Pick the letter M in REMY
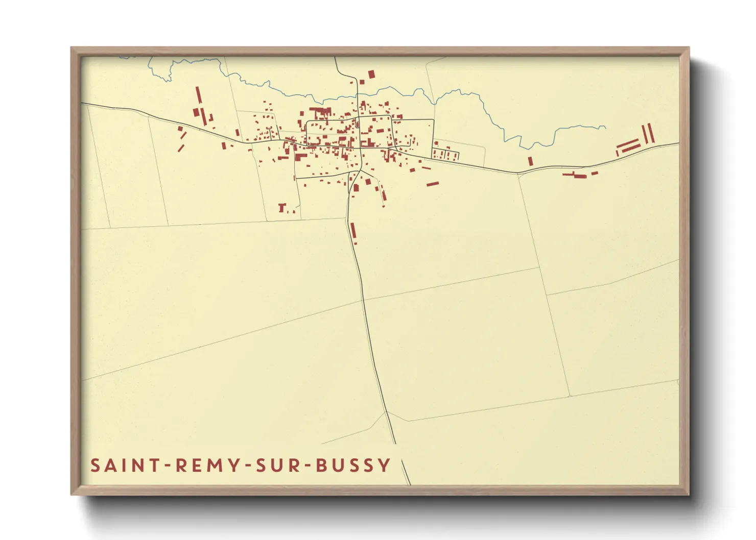(x=215, y=465)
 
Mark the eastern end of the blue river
(x=605, y=127)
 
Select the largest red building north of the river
(x=371, y=75)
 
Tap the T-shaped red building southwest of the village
(x=281, y=207)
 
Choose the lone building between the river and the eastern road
(x=530, y=161)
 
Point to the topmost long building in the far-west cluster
(x=199, y=95)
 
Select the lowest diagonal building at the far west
(x=181, y=148)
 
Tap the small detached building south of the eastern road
(x=594, y=173)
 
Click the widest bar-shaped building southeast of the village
(x=433, y=184)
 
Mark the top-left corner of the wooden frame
(x=71, y=47)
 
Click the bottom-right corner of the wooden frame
(x=689, y=495)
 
